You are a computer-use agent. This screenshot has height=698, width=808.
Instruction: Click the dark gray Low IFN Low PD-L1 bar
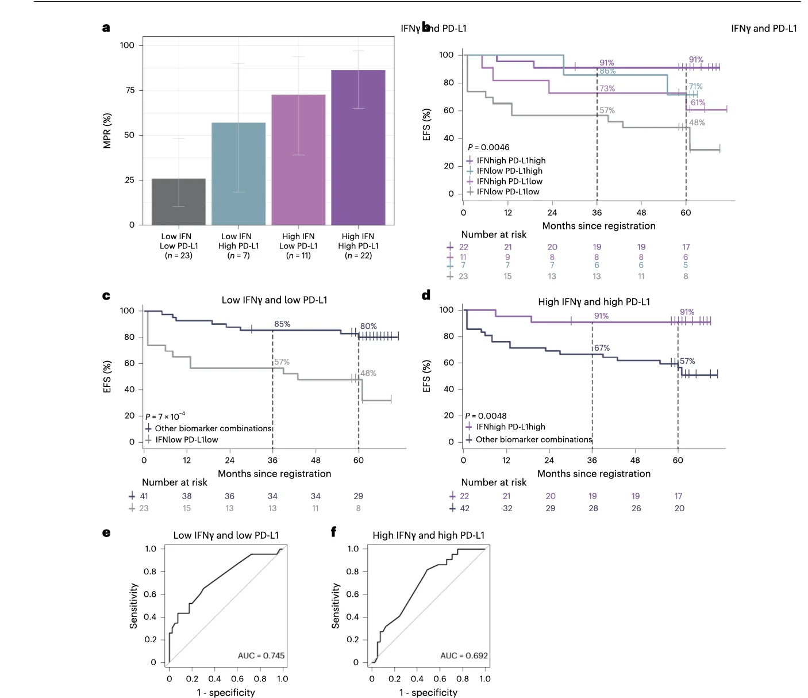pos(179,202)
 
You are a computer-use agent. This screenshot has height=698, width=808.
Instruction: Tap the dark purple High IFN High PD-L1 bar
pos(358,147)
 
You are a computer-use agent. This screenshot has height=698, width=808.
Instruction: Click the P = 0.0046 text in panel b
pos(488,147)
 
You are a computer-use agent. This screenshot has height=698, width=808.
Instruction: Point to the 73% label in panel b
pos(607,89)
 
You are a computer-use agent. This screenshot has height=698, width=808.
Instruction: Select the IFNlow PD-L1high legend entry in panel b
pos(509,171)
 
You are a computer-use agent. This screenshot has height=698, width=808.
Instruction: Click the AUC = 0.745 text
pos(261,655)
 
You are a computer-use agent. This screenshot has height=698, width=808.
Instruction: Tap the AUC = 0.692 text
pos(464,655)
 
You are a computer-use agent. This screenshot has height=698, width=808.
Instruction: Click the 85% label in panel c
pos(282,324)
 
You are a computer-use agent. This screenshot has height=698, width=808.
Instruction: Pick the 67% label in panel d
pos(602,348)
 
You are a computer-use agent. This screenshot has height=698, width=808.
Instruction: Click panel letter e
pos(106,533)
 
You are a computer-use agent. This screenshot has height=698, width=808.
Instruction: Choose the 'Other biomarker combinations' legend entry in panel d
pos(533,439)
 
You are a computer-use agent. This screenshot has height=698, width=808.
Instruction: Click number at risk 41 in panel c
pos(144,496)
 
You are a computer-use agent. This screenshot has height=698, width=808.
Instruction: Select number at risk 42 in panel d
pos(465,508)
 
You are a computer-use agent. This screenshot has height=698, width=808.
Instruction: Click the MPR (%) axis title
pos(107,131)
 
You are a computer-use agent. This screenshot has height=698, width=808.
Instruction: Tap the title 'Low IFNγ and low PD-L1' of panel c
pos(275,300)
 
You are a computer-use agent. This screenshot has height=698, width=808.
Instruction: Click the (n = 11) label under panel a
pos(298,255)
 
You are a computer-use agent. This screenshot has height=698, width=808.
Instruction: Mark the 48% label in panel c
pos(368,373)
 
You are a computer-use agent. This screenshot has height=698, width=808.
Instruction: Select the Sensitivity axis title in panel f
pos(336,605)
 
